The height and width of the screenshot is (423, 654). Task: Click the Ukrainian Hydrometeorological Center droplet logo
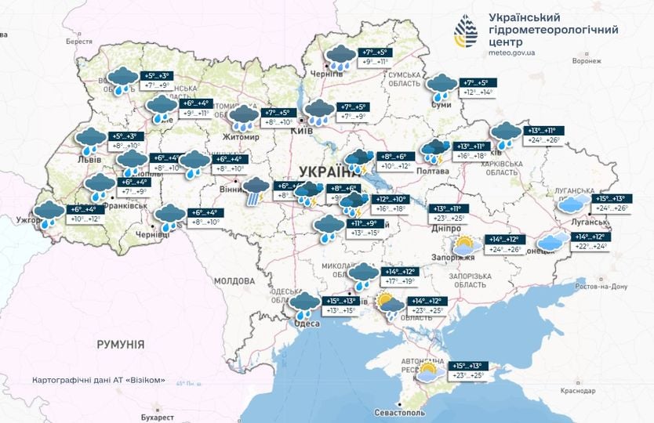point(467,31)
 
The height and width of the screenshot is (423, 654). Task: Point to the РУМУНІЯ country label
point(120,344)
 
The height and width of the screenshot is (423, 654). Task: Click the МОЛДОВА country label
point(234,280)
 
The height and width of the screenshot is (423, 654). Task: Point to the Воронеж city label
point(587,61)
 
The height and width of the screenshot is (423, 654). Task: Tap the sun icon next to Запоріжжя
point(463,244)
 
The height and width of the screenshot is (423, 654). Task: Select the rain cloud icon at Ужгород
point(49,214)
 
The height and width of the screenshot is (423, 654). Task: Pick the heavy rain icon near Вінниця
point(255,190)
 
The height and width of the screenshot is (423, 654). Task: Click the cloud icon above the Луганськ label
point(573,204)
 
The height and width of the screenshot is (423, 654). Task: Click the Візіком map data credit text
point(99,380)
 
